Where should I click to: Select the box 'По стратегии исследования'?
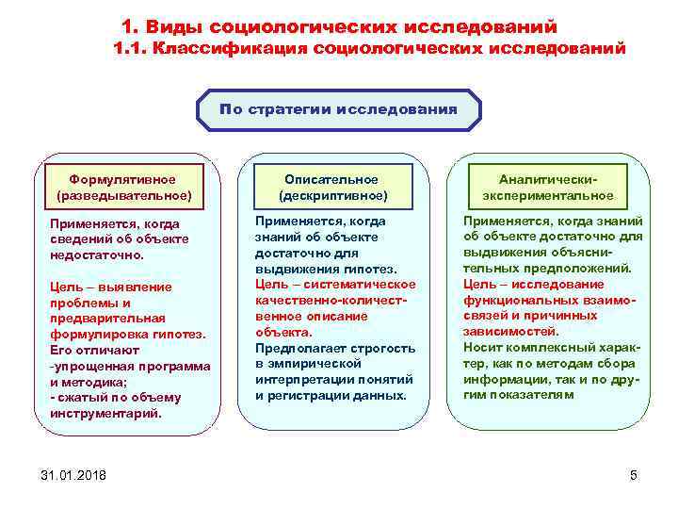pyautogui.click(x=338, y=109)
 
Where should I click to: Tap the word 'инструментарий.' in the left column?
pyautogui.click(x=105, y=413)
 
